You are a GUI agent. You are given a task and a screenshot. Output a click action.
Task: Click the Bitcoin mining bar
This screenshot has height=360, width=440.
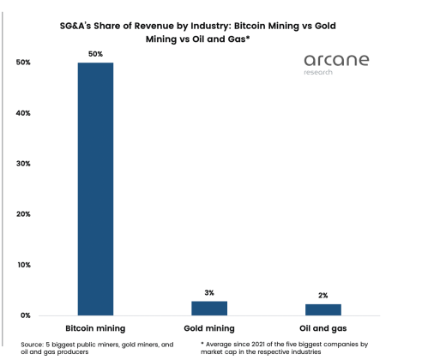tap(95, 189)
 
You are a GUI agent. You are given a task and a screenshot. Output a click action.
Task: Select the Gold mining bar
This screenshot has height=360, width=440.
tap(209, 308)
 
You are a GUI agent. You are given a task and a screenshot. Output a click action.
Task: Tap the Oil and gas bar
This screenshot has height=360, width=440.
tap(323, 309)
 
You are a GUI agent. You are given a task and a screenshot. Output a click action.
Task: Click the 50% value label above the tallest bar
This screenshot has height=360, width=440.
tap(95, 53)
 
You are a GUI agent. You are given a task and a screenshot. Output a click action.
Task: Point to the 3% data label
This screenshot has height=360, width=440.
tap(209, 292)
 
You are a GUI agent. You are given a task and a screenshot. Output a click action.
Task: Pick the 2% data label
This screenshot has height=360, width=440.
tap(323, 295)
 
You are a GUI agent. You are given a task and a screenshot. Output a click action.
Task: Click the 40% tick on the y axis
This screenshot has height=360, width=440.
tap(23, 113)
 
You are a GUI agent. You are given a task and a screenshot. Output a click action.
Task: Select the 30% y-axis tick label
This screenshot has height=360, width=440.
tap(23, 164)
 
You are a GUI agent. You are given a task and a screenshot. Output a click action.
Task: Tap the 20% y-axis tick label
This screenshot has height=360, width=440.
tap(23, 214)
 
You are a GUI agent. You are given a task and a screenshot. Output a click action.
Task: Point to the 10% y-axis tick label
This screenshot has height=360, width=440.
tap(23, 265)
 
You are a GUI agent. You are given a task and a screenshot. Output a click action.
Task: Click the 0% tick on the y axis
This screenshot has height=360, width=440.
tap(26, 315)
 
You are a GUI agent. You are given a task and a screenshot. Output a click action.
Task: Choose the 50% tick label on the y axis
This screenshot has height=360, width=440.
tap(23, 63)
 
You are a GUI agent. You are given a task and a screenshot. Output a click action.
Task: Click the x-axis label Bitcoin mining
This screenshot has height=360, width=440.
tap(95, 329)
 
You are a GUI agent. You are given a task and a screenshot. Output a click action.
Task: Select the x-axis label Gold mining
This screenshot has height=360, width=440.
tap(209, 329)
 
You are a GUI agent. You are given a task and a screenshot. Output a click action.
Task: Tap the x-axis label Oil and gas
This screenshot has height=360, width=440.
tap(323, 329)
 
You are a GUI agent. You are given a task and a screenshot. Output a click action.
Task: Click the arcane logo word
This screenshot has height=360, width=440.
tap(336, 61)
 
